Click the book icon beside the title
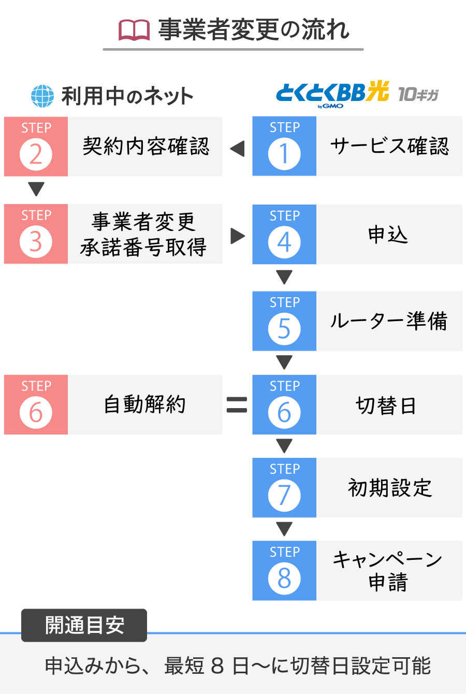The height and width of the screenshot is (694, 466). coord(134,30)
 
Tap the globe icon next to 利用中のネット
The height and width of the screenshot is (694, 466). coord(42,96)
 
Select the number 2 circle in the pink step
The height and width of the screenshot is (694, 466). coord(36,154)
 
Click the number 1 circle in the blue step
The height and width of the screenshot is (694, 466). coord(284,154)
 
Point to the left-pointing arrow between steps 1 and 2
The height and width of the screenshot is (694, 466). coord(237,149)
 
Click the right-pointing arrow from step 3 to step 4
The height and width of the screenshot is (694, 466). coord(238,236)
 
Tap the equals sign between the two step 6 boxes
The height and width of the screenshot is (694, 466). coord(237,405)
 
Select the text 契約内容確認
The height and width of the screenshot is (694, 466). coord(145,146)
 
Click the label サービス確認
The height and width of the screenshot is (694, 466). coord(389,146)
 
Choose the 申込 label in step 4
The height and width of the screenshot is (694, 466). coord(388,235)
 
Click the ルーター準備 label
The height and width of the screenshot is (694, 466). coord(389,321)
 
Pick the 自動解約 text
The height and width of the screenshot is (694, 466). coord(144,404)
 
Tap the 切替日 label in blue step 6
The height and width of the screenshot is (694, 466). coord(386,405)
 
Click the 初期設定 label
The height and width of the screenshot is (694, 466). coord(390,488)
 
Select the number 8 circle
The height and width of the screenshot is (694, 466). coord(284,579)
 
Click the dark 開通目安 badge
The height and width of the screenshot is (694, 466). coord(84,625)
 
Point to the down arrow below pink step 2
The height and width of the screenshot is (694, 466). coord(36,189)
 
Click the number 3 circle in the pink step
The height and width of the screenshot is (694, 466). coord(36,242)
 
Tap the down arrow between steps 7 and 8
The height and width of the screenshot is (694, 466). coord(284,529)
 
